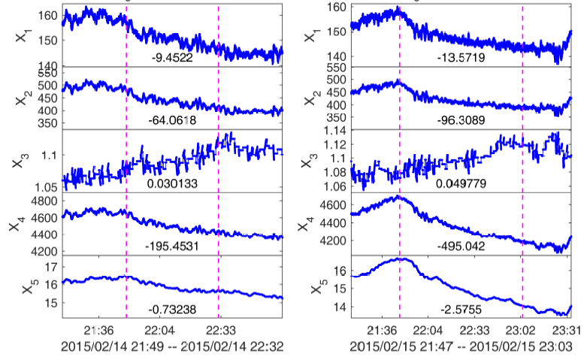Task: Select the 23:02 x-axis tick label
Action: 522,330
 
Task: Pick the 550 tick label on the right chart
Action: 334,68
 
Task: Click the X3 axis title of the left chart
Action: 17,162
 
